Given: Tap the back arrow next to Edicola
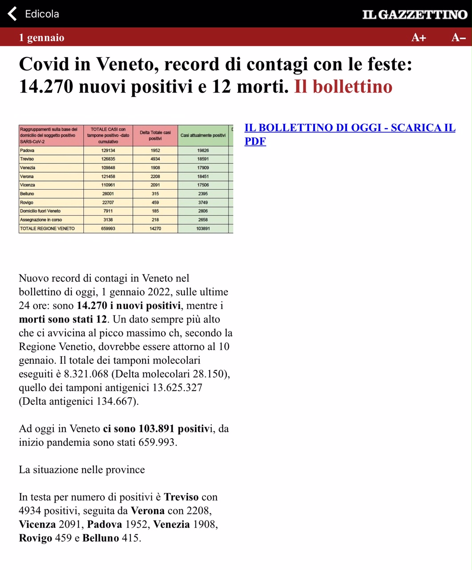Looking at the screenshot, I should coord(12,14).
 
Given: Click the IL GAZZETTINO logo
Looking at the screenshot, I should coord(415,15).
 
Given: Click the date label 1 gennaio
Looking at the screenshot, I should coord(41,38).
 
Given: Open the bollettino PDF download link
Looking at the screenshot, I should coord(350,134).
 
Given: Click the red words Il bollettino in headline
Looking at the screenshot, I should coord(343,86).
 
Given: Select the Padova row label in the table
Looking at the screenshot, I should coord(28,151).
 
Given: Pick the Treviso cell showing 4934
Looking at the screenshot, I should coord(155,159).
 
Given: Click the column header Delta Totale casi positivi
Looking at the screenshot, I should coord(155,135).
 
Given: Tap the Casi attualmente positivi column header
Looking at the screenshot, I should coord(203,135).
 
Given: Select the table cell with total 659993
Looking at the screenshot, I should coord(108,228).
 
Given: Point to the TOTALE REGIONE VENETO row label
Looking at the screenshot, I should coord(48,228).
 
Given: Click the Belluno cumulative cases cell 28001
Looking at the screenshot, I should coord(108,194).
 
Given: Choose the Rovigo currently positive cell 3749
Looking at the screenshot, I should coord(203,202).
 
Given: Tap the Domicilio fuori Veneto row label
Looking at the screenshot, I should coord(40,211).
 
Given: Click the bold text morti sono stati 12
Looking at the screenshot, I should coord(63,319).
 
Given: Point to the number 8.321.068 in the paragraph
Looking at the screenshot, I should coord(86,374).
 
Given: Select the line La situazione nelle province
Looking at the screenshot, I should coord(82,470).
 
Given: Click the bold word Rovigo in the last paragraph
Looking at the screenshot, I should coord(36,538).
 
